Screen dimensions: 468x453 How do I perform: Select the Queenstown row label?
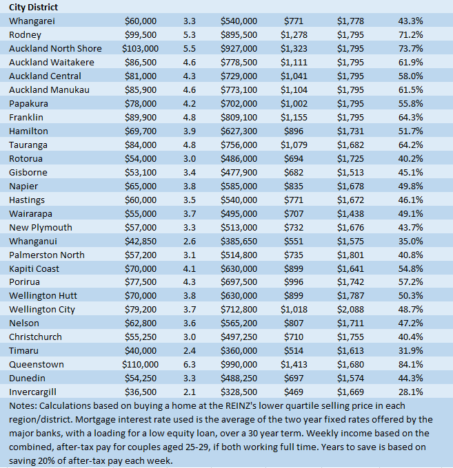coord(37,364)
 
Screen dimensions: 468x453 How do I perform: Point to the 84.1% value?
coord(411,364)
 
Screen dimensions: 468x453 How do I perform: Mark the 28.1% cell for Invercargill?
coord(411,392)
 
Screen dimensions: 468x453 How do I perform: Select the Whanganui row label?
coord(33,241)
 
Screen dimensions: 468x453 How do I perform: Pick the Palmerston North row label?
coord(47,255)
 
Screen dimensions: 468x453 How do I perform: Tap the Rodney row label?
coord(26,34)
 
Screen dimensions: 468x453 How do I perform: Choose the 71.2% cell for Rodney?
coord(411,34)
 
